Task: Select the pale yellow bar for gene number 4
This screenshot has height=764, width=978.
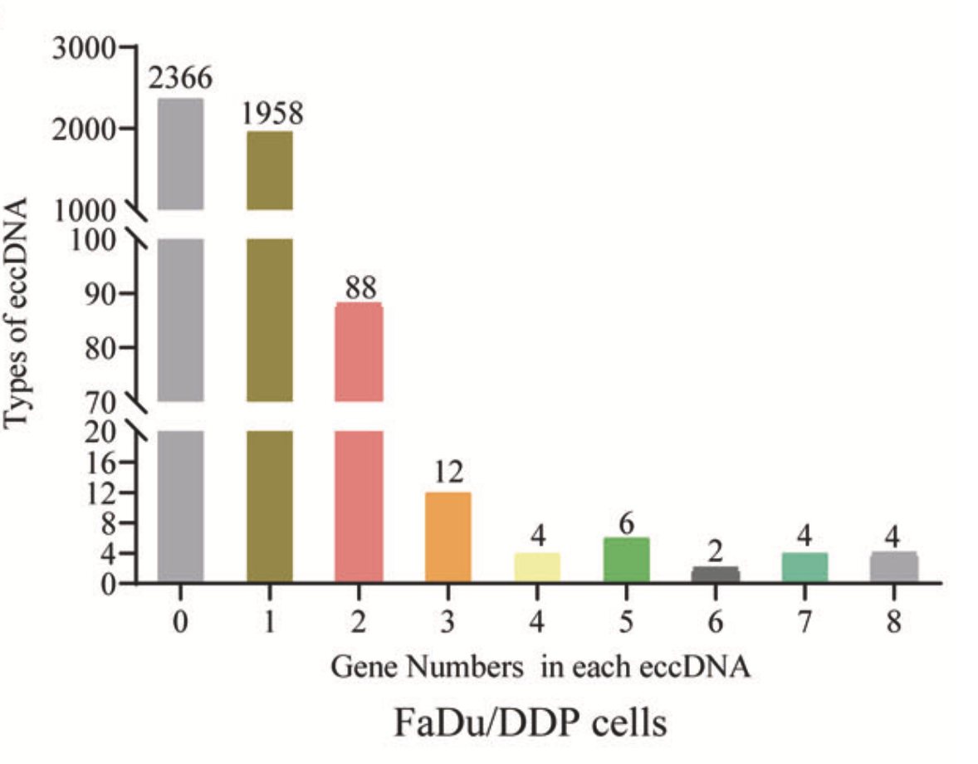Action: click(537, 567)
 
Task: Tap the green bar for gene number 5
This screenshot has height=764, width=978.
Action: click(626, 560)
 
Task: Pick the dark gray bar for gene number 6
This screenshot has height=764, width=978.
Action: click(715, 575)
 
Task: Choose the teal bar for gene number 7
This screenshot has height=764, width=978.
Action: click(804, 567)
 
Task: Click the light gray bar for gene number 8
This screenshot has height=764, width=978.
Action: click(893, 567)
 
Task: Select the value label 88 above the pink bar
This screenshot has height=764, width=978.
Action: click(358, 288)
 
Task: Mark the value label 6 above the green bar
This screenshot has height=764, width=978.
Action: click(626, 521)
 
